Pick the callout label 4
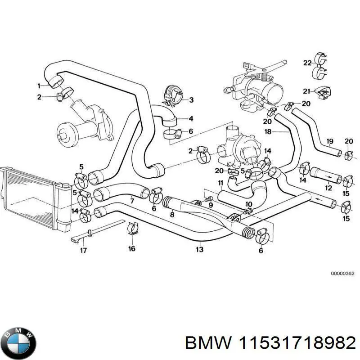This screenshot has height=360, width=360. (x=191, y=119)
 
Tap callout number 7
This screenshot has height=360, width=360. (x=131, y=201)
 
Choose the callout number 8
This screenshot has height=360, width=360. (x=171, y=215)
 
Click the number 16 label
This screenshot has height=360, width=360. (x=131, y=248)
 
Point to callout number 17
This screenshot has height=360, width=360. (x=83, y=250)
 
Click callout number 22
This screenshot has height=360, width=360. (x=307, y=63)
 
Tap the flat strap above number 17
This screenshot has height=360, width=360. (x=97, y=231)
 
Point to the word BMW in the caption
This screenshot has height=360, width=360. (x=207, y=343)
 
